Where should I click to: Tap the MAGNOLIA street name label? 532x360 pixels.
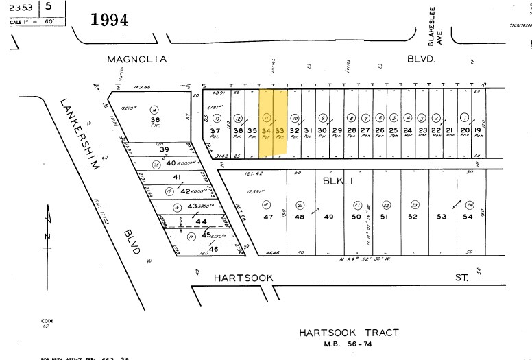[x=136, y=60]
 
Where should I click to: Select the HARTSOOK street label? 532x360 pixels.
[x=243, y=277]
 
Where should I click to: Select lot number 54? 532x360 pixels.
[x=468, y=217]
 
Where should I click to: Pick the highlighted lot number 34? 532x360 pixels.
[x=267, y=130]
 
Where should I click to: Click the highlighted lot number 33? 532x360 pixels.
[x=279, y=130]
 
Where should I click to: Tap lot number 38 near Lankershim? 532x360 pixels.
[x=155, y=119]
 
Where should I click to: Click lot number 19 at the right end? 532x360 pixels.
[x=478, y=130]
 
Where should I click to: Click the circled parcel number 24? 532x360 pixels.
[x=470, y=204]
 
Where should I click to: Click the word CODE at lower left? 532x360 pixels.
[x=47, y=321]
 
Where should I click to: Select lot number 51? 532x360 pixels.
[x=385, y=217]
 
